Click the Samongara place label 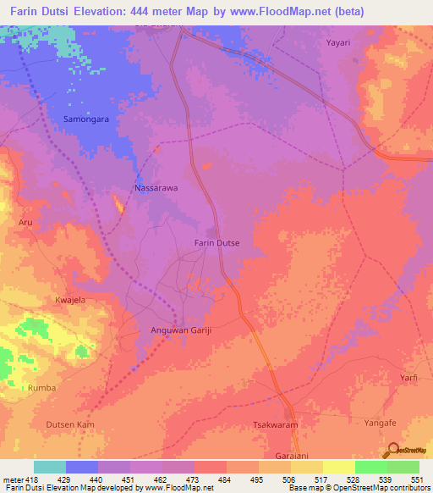pos(88,119)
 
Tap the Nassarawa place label pos(156,188)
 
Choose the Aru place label pos(25,222)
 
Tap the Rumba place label pos(42,388)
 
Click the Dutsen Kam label pos(71,424)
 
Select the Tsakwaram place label pos(277,424)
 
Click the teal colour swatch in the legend pos(50,467)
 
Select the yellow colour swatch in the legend pos(339,467)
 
